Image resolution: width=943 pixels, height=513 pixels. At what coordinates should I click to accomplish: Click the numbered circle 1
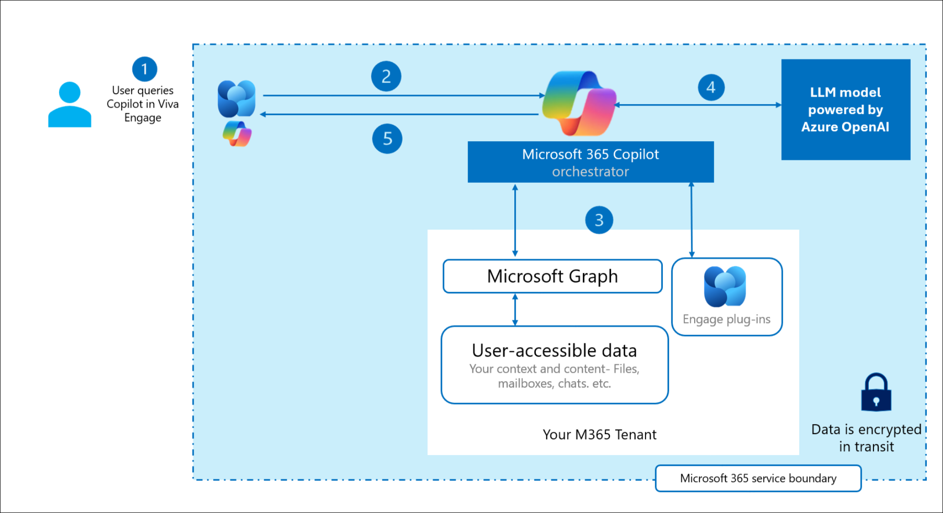click(145, 69)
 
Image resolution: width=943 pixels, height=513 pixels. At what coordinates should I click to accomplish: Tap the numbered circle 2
click(386, 76)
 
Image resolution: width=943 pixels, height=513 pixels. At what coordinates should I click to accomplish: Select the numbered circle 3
click(599, 220)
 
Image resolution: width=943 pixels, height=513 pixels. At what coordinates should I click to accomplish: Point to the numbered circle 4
click(711, 87)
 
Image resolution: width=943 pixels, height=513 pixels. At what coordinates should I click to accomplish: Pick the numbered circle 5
click(387, 139)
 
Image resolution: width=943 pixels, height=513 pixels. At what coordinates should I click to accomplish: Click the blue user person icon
click(69, 105)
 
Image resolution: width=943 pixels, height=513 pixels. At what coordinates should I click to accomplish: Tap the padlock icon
click(876, 393)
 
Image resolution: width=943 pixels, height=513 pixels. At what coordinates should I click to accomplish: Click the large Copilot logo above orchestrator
click(579, 103)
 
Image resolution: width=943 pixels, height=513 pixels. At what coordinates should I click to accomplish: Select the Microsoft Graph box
click(552, 276)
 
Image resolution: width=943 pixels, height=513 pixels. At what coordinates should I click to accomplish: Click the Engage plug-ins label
click(726, 319)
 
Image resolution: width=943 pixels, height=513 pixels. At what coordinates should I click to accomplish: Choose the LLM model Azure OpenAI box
click(845, 109)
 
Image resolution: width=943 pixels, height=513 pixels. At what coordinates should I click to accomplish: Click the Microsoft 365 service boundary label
click(758, 478)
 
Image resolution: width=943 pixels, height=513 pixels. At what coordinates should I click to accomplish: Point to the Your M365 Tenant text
click(599, 435)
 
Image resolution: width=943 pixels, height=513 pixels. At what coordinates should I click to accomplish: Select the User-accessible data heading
click(554, 350)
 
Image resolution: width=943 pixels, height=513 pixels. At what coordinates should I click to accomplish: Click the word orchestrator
click(590, 172)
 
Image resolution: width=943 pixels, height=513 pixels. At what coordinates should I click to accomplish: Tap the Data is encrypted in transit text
click(866, 438)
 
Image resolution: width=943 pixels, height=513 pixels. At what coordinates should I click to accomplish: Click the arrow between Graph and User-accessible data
click(515, 310)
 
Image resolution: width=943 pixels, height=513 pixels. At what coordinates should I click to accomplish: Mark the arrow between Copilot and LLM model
click(697, 105)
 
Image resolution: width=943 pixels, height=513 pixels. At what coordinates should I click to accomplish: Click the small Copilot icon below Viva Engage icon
click(237, 134)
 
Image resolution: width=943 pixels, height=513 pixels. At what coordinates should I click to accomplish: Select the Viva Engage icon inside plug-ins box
click(725, 286)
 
